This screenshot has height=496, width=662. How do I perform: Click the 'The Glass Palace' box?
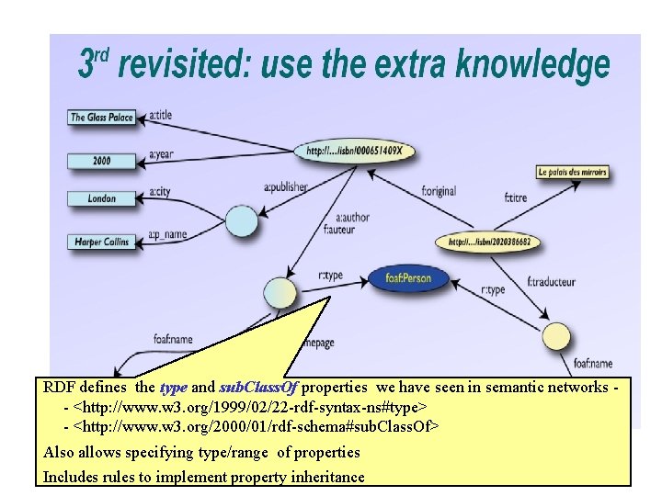[101, 118]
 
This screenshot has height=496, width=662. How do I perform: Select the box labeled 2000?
[101, 161]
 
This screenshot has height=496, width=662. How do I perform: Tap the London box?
[101, 198]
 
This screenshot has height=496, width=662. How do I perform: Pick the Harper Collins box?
[101, 242]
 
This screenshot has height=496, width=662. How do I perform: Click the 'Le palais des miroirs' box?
[572, 172]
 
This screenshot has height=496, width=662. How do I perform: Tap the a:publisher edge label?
[285, 186]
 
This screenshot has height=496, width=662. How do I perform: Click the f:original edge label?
[439, 191]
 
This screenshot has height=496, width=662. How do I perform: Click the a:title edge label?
[160, 115]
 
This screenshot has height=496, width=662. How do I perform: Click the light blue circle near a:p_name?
[242, 220]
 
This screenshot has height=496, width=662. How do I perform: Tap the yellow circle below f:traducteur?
[557, 336]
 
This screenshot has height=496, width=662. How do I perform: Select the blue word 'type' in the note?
[173, 388]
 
